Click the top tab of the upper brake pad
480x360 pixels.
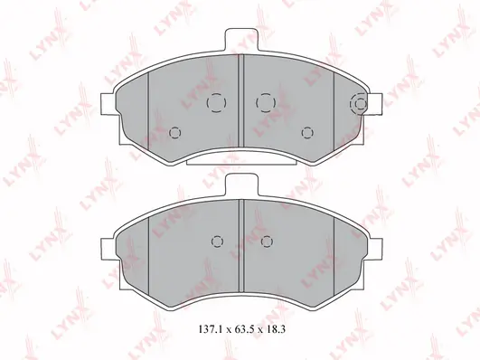[240, 40]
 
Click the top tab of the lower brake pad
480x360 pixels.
[240, 185]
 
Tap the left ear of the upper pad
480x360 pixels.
[108, 104]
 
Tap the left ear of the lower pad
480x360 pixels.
[108, 250]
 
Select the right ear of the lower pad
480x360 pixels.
[376, 250]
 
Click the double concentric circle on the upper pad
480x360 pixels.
[359, 104]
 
